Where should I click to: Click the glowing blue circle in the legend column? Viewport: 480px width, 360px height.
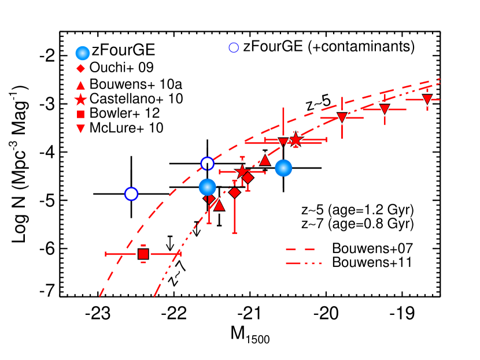83,53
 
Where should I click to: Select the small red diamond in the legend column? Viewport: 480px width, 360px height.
80,68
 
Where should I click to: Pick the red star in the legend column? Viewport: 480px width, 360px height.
80,100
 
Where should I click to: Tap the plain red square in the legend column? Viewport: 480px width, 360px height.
80,114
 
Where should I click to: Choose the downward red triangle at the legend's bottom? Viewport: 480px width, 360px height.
80,128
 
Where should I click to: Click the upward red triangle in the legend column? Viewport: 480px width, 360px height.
80,86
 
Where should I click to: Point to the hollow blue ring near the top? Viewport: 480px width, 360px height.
234,48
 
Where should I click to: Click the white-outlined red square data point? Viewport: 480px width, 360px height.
143,254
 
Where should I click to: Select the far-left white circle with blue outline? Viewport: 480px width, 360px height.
131,194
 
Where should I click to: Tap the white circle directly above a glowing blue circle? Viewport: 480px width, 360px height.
207,164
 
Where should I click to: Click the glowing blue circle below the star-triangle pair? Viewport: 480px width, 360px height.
283,168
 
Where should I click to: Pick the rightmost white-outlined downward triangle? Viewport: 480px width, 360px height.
427,99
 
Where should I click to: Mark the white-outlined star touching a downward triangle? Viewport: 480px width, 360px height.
296,140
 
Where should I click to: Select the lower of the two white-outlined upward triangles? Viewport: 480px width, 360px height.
219,206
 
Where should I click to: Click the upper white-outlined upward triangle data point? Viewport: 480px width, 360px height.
265,160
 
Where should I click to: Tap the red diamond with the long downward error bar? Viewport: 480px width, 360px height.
234,192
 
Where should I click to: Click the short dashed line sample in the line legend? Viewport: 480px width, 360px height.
300,249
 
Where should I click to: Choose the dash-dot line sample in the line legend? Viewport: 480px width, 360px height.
303,263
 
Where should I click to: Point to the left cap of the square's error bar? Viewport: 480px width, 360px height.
106,254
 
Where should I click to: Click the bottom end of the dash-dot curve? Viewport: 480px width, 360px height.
154,296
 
